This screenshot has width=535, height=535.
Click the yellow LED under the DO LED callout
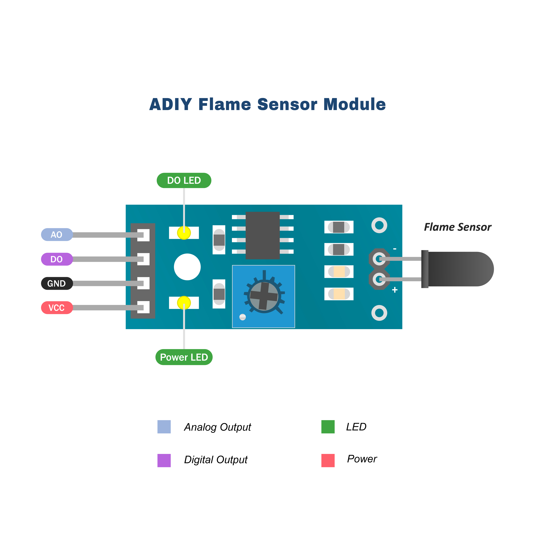(x=184, y=233)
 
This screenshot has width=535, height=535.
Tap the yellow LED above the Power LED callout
(x=184, y=303)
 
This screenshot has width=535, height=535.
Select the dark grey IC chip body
(x=263, y=235)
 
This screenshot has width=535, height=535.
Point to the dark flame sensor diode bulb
(x=460, y=269)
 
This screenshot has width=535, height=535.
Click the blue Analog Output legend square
(x=164, y=427)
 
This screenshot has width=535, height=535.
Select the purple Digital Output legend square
(x=164, y=460)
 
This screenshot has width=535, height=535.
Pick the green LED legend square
(x=328, y=427)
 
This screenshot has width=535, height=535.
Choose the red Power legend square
(x=328, y=460)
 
